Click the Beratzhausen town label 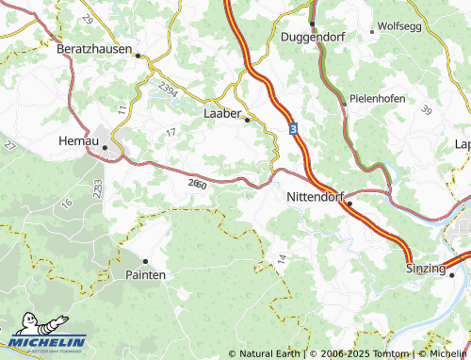point(93,47)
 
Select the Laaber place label point(223,112)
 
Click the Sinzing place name point(425,269)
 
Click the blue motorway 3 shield point(294,127)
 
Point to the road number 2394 point(169,90)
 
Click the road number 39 point(426,111)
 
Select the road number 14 point(281,258)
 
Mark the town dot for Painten point(145,260)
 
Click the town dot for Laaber point(247,120)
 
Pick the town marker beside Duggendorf point(311,23)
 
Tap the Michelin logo point(47,335)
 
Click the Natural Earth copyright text point(265,353)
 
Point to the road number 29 point(89,20)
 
